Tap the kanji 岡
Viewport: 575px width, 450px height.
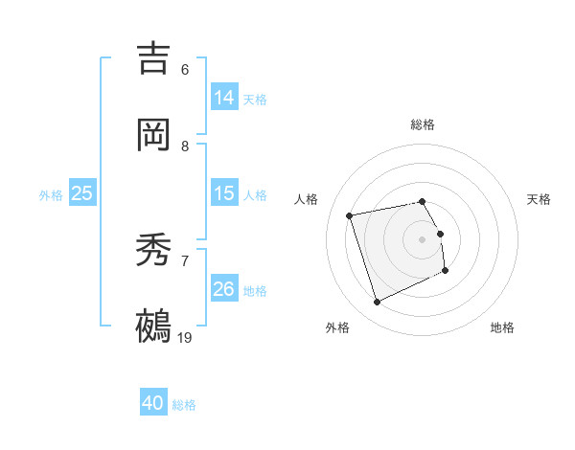153,135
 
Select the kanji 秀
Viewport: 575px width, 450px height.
153,250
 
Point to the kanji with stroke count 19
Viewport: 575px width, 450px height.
153,326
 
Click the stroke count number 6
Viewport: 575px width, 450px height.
185,70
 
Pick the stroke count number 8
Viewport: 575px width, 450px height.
185,146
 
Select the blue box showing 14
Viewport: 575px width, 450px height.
224,98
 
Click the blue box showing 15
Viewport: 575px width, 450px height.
224,193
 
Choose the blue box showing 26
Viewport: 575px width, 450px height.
224,289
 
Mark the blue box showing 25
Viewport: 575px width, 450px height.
82,193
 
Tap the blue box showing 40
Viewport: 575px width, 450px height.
153,404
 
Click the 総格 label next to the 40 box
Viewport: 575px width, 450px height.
184,405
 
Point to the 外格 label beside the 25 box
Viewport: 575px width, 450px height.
51,194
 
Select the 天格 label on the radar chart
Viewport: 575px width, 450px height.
540,199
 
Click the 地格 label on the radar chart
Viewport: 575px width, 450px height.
502,327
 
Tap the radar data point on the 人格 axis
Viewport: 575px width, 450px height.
350,214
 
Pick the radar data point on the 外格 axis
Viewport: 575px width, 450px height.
377,303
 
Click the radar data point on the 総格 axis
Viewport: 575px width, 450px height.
422,201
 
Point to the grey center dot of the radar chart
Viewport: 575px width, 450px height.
422,238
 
